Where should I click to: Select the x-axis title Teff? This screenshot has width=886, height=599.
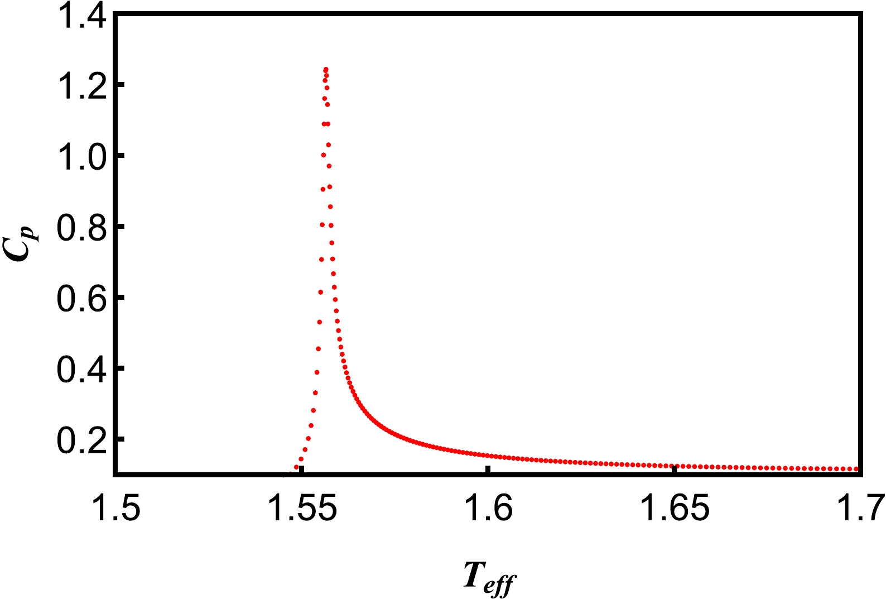click(x=488, y=578)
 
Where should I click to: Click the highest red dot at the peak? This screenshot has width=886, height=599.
click(x=326, y=69)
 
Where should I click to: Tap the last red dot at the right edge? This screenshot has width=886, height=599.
click(x=856, y=469)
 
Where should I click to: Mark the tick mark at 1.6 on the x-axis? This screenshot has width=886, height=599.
click(x=488, y=469)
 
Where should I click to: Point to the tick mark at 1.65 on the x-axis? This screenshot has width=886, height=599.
click(x=675, y=469)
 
